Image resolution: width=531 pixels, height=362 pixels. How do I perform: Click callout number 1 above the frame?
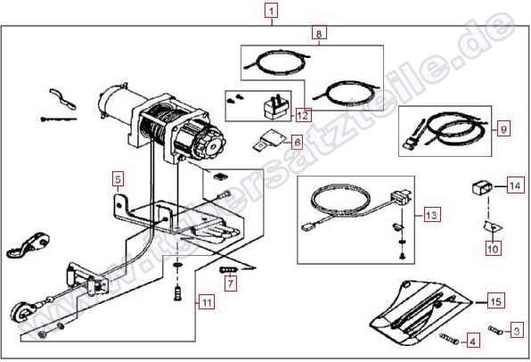coord(272,11)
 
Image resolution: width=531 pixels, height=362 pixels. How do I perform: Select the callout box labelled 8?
coord(319,33)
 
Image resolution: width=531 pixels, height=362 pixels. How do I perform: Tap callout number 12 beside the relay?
coord(303,115)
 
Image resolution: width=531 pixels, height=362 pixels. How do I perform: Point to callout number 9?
coord(503,128)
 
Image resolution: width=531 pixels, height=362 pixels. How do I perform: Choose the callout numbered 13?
coord(432,215)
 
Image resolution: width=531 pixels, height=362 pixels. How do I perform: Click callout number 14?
coord(515,185)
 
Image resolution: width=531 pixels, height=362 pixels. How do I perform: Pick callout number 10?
coord(493,249)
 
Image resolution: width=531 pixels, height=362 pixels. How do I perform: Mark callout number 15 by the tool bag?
coord(495,301)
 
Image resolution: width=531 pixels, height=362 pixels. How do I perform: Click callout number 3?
coord(517,331)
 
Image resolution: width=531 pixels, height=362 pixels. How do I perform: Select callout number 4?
coord(473,341)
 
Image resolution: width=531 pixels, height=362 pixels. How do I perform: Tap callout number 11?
coord(206,301)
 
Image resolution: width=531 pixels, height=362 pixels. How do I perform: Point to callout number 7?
coord(230,283)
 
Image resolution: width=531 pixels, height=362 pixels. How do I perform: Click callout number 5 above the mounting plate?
coord(118,179)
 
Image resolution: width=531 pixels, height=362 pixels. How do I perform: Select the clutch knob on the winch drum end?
coord(210,142)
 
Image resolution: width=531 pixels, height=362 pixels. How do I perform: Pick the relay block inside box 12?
coord(275,107)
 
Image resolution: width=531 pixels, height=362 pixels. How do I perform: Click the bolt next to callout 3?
coord(495,329)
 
